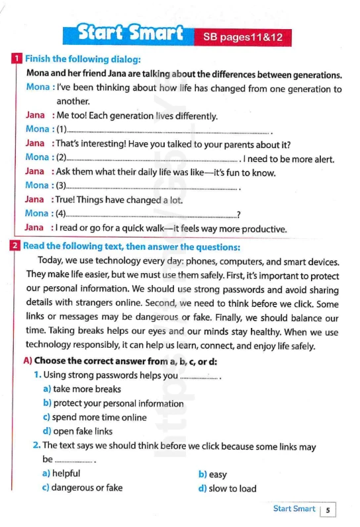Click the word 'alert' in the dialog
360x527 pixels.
pyautogui.click(x=322, y=159)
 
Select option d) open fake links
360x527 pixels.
pyautogui.click(x=78, y=431)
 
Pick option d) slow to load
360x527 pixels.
pyautogui.click(x=228, y=489)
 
